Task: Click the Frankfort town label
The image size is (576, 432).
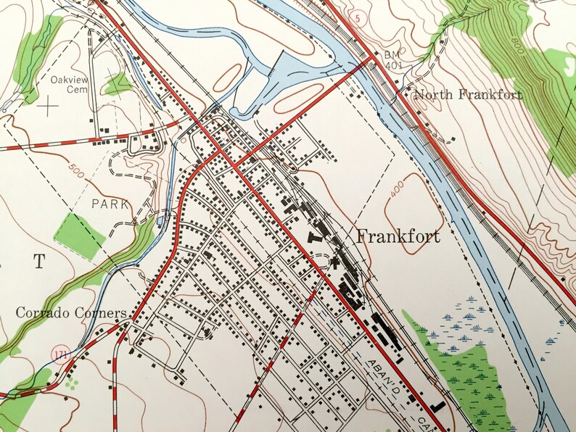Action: point(398,236)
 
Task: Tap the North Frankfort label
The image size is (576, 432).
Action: point(467,95)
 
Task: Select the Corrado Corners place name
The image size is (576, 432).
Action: point(72,314)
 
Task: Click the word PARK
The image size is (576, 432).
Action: point(110,204)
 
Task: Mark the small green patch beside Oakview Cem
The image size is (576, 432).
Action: point(116,84)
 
